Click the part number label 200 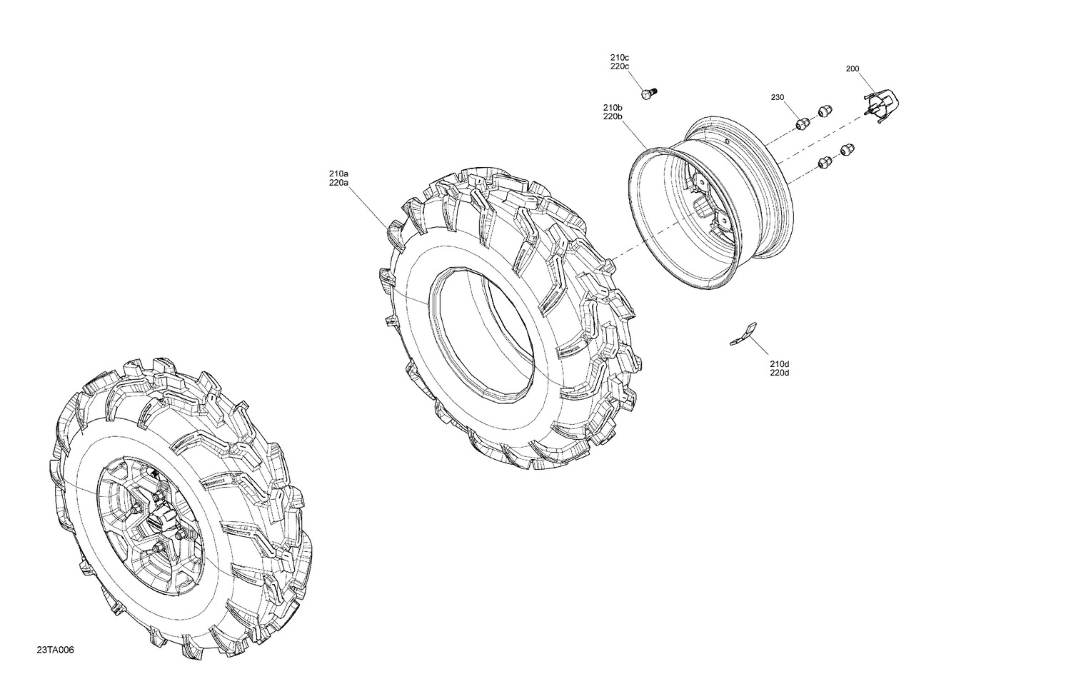click(852, 69)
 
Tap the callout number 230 click(777, 97)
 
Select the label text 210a click(338, 173)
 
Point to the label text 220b click(613, 116)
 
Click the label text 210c click(619, 57)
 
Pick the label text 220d click(780, 373)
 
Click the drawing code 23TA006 click(56, 650)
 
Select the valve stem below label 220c click(648, 94)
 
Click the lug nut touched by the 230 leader click(803, 123)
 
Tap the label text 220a click(338, 183)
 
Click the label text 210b click(613, 107)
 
